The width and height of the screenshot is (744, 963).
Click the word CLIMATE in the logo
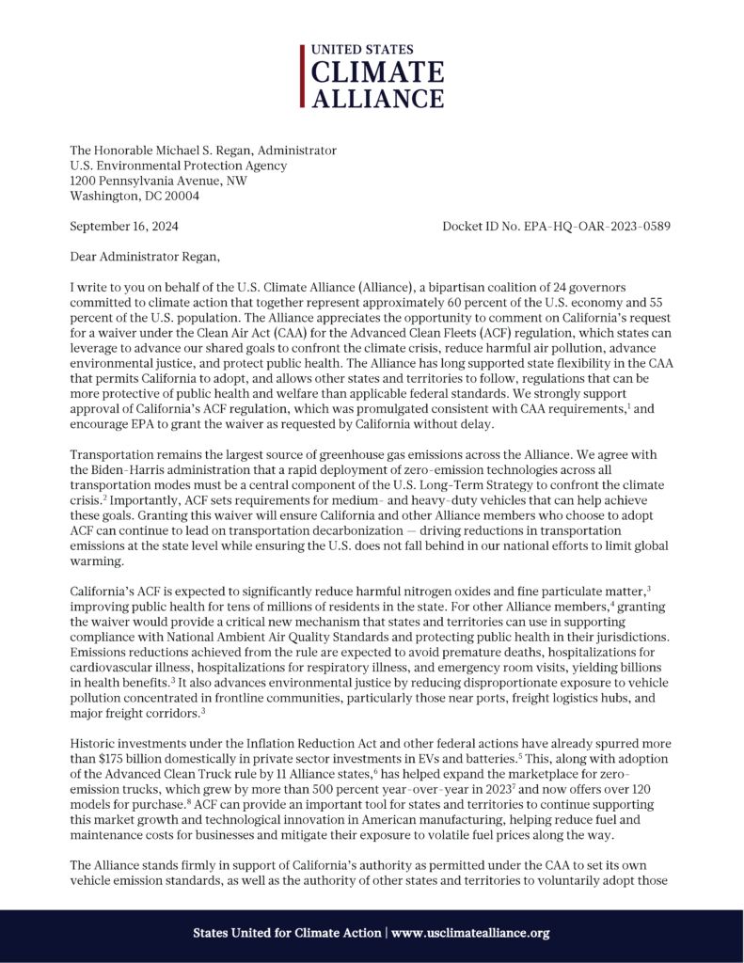(378, 72)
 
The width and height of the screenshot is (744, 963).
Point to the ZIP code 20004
(180, 197)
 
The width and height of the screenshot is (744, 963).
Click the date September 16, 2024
(125, 228)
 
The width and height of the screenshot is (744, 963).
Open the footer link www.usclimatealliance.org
(470, 933)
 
